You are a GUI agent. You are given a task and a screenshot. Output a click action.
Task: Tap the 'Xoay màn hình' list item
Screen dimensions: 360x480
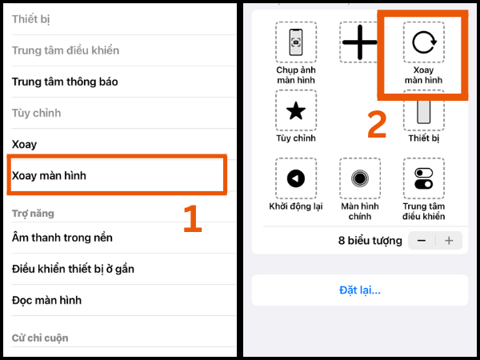[50, 175]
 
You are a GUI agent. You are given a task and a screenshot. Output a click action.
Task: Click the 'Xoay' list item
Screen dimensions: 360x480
[24, 145]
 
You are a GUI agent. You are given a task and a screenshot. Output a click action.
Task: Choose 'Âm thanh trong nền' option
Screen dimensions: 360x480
[62, 238]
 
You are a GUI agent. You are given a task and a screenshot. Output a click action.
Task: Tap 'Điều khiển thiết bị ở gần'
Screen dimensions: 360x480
[73, 269]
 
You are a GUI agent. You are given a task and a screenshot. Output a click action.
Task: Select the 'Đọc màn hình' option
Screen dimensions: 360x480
[46, 300]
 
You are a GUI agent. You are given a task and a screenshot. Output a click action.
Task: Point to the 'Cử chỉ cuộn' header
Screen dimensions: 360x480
[40, 338]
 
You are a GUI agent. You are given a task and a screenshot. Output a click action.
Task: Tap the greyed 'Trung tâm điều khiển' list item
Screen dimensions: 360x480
[66, 50]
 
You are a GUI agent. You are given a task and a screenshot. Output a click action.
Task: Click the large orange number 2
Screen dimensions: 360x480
[377, 125]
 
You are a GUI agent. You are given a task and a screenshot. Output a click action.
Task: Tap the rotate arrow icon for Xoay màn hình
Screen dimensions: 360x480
[423, 42]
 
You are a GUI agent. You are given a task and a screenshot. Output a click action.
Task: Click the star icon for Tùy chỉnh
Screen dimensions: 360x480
[296, 110]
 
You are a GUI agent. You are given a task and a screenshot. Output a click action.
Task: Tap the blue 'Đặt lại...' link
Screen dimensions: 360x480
[359, 290]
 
